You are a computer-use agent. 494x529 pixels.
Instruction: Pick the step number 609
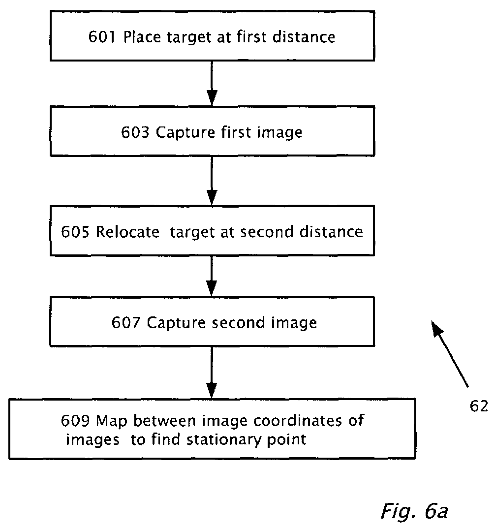76,421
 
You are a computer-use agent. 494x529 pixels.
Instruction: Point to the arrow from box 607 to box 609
212,372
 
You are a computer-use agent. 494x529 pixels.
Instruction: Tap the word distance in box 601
305,37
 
